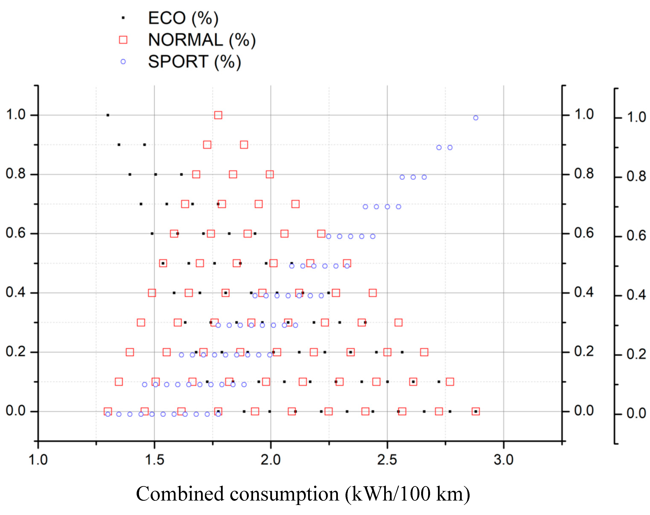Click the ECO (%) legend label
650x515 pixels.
[x=183, y=18]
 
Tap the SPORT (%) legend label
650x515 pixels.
[x=194, y=62]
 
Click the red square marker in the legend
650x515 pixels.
[x=123, y=40]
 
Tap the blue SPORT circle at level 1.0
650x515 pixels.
[x=475, y=118]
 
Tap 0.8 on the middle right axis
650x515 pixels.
[x=584, y=174]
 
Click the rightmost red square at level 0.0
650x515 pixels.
[x=475, y=411]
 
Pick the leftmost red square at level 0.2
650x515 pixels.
[x=130, y=352]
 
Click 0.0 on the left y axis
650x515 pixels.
[x=16, y=411]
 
